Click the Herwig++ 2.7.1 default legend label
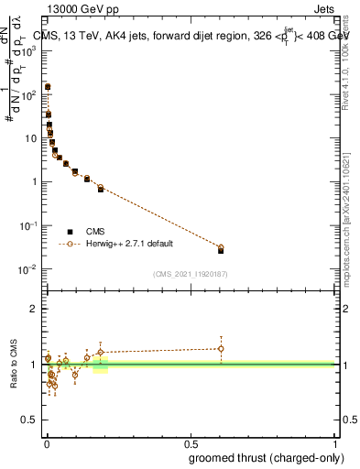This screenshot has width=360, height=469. click(129, 245)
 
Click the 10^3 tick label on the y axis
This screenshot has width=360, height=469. click(30, 50)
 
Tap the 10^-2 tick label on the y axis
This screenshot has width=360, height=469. click(30, 269)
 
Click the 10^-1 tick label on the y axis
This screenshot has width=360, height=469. click(30, 225)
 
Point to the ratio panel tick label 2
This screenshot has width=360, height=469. click(36, 310)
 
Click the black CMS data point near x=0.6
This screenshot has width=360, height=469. click(221, 250)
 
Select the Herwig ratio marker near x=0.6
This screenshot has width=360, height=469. click(221, 348)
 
